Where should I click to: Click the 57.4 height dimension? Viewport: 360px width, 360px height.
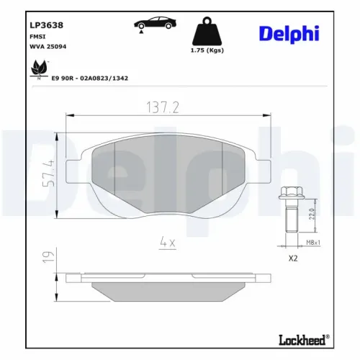(48, 172)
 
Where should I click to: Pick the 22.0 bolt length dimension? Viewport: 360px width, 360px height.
(311, 215)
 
